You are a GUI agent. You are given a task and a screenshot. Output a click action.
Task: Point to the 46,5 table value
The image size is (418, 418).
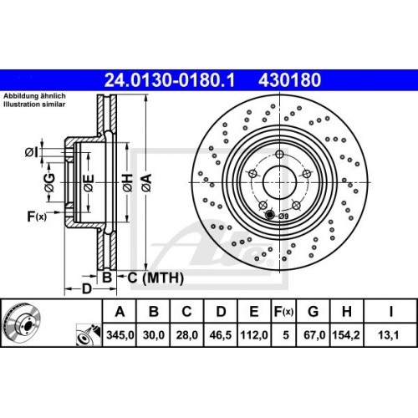click(x=221, y=335)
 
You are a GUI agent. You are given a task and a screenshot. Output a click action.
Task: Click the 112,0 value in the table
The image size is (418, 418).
click(x=254, y=335)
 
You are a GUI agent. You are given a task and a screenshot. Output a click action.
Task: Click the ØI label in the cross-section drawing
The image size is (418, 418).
click(x=30, y=151)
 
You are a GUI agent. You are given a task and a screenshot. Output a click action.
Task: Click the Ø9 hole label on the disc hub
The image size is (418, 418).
click(x=282, y=217)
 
